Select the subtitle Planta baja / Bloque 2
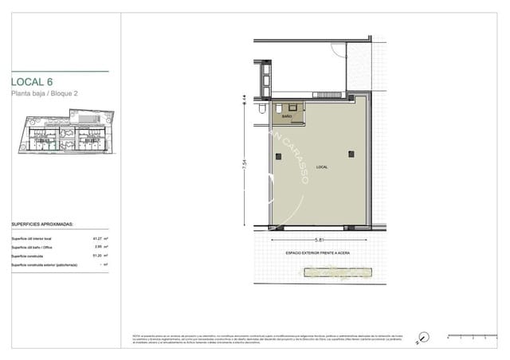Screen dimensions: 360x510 [44, 95]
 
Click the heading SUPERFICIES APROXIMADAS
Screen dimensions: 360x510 [42, 225]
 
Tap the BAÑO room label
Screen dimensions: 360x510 [287, 116]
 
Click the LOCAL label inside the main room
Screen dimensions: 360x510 [321, 167]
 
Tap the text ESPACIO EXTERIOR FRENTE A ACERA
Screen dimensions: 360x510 [317, 253]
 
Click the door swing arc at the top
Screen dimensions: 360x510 [339, 48]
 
